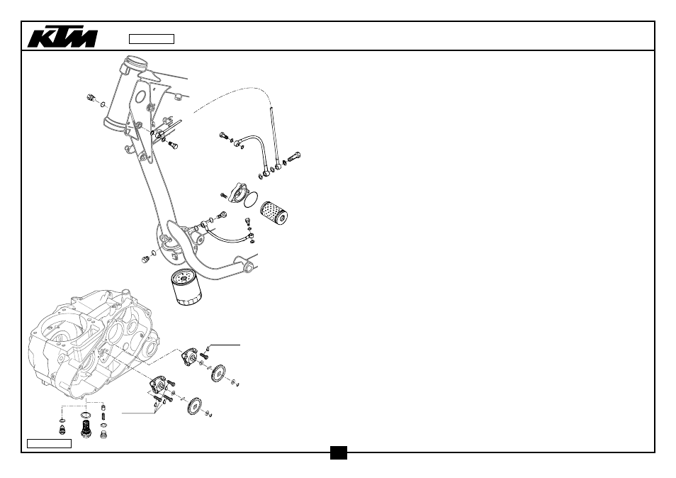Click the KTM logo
click(62, 38)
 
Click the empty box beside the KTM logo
click(152, 39)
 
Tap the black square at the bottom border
click(339, 452)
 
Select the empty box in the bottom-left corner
click(49, 443)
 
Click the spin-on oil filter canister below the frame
click(186, 287)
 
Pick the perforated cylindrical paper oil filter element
click(274, 212)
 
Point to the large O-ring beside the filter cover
click(252, 199)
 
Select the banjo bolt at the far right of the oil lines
click(293, 156)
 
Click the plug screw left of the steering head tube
click(91, 98)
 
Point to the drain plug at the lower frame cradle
click(145, 259)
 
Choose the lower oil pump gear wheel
click(196, 406)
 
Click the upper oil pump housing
click(188, 357)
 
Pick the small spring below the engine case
click(103, 416)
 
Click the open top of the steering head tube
click(134, 65)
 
